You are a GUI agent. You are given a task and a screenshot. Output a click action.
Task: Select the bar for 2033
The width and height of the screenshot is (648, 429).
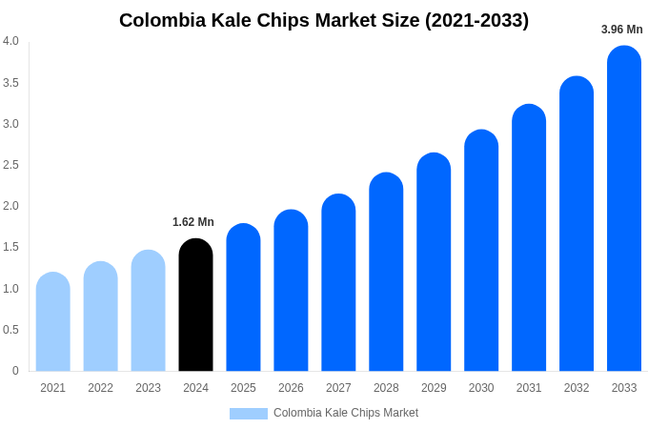[624, 210]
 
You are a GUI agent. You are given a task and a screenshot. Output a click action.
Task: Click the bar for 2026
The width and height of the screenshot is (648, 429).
[291, 291]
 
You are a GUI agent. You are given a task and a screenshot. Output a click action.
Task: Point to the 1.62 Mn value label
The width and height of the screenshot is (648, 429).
[193, 222]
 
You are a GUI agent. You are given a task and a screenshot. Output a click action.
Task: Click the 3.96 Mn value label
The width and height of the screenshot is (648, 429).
[621, 30]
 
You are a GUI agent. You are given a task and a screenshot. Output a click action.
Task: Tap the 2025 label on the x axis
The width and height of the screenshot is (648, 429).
[243, 388]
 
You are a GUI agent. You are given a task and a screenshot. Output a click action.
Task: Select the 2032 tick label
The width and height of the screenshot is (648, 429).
[577, 388]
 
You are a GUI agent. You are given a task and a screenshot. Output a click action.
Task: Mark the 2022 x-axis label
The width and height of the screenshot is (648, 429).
[100, 388]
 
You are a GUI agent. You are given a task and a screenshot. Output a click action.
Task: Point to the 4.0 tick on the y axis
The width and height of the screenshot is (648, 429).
[10, 41]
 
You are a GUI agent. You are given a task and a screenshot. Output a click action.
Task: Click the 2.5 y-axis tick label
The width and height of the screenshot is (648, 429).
[10, 165]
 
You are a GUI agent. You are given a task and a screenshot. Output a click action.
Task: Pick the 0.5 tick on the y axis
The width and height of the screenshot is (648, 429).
[10, 330]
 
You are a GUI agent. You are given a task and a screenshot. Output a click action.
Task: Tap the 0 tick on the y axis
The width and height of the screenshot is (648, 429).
[15, 371]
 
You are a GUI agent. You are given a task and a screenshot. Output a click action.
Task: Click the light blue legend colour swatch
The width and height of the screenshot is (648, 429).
[249, 414]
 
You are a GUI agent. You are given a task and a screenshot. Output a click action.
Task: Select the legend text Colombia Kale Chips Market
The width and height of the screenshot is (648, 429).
[346, 413]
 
